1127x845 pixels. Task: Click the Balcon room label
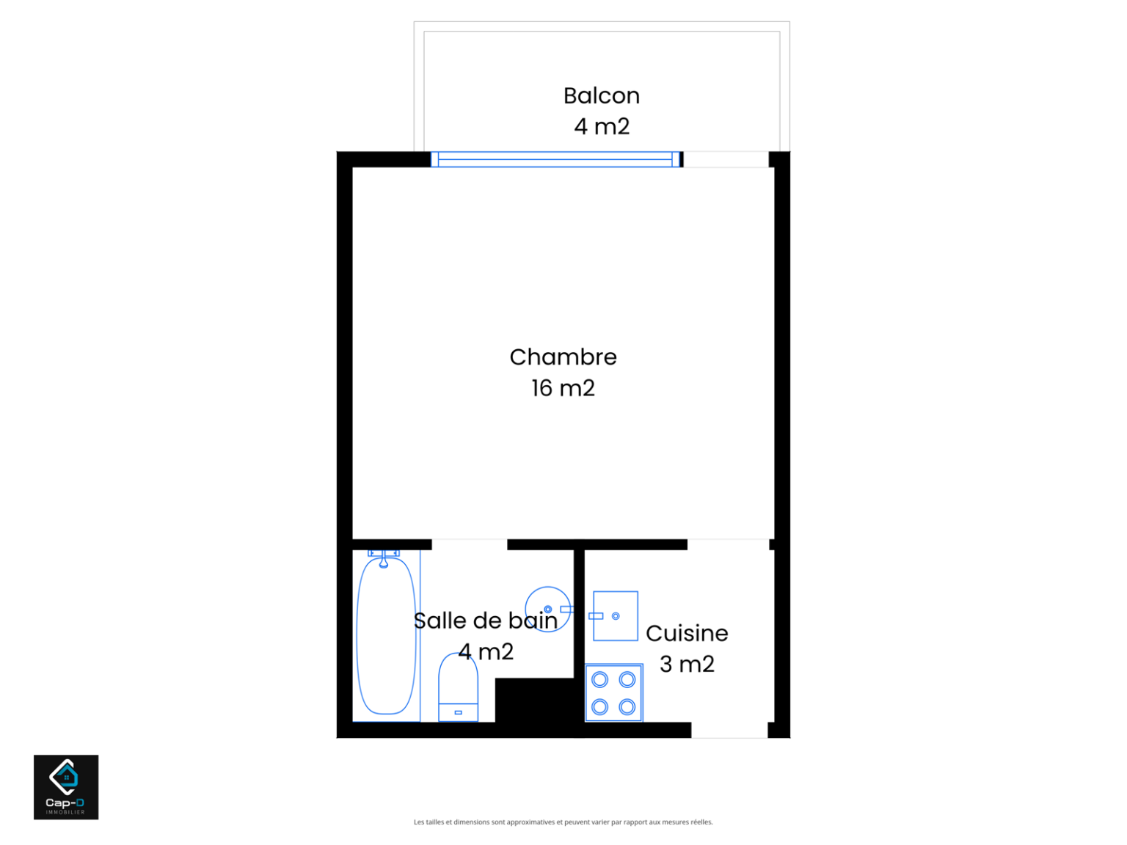coord(601,96)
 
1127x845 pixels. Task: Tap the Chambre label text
coord(563,357)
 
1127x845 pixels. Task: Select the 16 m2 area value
coord(563,388)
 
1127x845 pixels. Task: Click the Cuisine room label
coord(687,634)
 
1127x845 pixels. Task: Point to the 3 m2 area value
coord(687,665)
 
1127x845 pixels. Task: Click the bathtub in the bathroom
coord(386,636)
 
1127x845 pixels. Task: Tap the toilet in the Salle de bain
coord(458,687)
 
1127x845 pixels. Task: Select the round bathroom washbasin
coord(547,610)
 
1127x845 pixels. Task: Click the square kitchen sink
coord(615,616)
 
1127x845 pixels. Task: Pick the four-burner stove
coord(613,693)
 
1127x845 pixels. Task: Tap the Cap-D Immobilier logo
coord(66,787)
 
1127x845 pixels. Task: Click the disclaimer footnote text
coord(563,822)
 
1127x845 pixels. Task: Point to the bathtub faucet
coord(383,559)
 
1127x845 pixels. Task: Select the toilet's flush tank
coord(458,713)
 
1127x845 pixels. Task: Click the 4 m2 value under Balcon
coord(601,127)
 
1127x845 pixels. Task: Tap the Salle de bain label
coord(485,621)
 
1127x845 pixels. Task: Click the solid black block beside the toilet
coord(534,700)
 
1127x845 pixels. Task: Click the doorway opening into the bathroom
coord(470,544)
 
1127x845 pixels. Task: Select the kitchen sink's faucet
coord(596,616)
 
